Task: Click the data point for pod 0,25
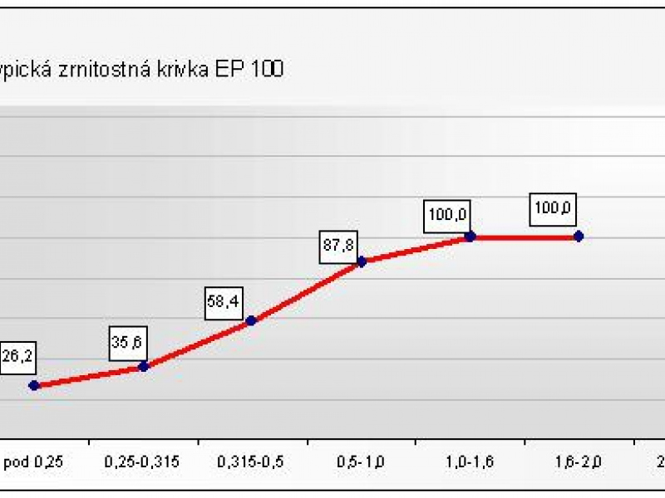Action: click(x=34, y=385)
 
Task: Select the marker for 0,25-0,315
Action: click(x=143, y=366)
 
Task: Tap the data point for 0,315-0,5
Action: click(x=252, y=320)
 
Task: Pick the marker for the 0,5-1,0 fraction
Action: click(x=362, y=261)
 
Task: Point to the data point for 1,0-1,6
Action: click(x=470, y=237)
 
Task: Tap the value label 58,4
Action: click(x=223, y=302)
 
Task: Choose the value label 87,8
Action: click(x=338, y=246)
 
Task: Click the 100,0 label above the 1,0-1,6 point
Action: click(x=446, y=215)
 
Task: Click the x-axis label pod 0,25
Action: click(x=32, y=461)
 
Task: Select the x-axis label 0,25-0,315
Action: click(x=142, y=461)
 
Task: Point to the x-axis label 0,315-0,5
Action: click(x=251, y=461)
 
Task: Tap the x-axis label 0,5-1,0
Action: click(x=361, y=461)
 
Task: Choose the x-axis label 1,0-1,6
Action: click(x=470, y=461)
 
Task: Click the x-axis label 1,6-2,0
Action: click(x=579, y=461)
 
